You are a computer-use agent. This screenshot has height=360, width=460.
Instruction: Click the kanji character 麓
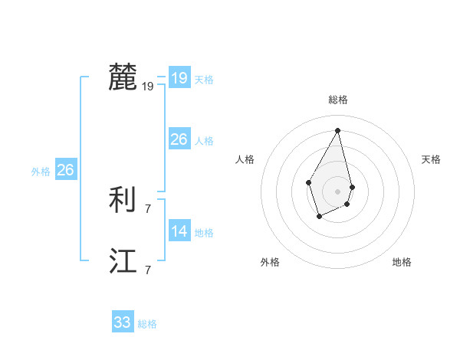click(x=123, y=77)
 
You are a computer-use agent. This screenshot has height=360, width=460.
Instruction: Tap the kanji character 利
click(x=123, y=201)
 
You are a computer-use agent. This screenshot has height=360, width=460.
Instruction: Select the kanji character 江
click(x=123, y=262)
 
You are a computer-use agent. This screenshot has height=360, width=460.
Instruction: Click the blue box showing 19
click(x=179, y=78)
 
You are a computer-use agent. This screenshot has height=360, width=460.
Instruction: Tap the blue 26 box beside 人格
click(x=179, y=139)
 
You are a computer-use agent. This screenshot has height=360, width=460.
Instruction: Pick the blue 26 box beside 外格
click(x=65, y=170)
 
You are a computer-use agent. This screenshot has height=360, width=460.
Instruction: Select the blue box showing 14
click(x=179, y=231)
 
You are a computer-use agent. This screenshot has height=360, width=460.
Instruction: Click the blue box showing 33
click(x=122, y=322)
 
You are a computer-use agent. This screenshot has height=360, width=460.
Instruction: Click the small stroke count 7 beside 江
click(x=148, y=270)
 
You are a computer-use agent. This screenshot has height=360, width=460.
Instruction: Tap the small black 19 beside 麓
click(x=148, y=87)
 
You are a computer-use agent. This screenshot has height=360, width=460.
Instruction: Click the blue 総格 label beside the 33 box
click(x=147, y=325)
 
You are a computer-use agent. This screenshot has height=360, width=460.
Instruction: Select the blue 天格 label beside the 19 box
click(x=204, y=80)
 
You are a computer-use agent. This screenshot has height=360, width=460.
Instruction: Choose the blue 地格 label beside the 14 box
click(x=204, y=233)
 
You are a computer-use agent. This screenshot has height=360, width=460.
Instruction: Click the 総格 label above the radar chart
click(x=337, y=100)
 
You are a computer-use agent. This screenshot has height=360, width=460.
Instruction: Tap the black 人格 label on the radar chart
click(x=245, y=159)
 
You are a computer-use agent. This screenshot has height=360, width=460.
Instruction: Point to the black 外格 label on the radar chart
click(x=270, y=262)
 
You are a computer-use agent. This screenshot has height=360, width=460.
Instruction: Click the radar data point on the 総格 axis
click(x=337, y=130)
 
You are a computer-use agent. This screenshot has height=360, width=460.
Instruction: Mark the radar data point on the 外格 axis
click(x=320, y=216)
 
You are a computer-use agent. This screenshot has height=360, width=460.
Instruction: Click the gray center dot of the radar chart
click(x=337, y=191)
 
